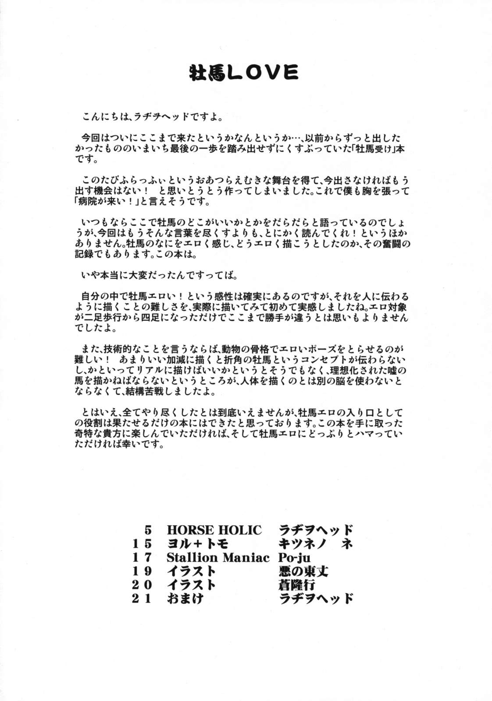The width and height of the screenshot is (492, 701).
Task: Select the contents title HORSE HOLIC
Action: coord(214,530)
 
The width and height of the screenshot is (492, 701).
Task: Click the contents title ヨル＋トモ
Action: coord(198,544)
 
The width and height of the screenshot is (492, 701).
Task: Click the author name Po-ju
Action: coord(294,557)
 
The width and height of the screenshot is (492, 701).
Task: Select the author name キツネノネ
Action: coord(316,544)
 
